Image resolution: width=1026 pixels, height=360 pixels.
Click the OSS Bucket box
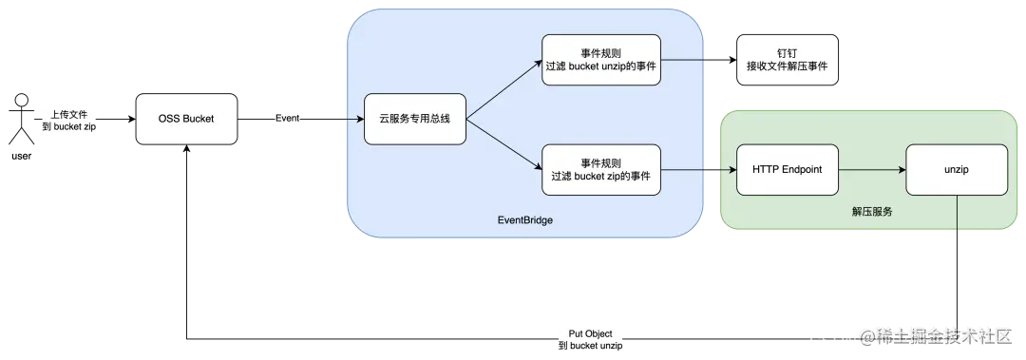pos(186,119)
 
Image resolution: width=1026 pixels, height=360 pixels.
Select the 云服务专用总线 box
pos(415,119)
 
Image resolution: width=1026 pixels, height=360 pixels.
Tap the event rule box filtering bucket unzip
pos(601,59)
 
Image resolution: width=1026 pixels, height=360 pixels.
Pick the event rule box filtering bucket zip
pos(601,168)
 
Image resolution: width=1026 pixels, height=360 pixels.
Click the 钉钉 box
pos(788,59)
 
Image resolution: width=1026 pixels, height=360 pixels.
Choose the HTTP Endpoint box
pos(787,169)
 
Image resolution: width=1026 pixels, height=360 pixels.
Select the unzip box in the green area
pos(956,169)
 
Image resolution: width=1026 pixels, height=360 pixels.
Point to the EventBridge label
pos(524,219)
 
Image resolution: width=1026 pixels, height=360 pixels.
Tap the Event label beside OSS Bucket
pos(288,119)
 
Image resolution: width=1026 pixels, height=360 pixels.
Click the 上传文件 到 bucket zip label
pos(68,120)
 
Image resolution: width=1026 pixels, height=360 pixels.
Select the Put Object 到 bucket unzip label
pos(589,340)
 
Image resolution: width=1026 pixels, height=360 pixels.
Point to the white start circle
pos(20,100)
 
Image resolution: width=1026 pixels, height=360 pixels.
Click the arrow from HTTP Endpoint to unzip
pos(871,169)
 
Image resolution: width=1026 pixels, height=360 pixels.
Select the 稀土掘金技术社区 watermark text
pos(940,335)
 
